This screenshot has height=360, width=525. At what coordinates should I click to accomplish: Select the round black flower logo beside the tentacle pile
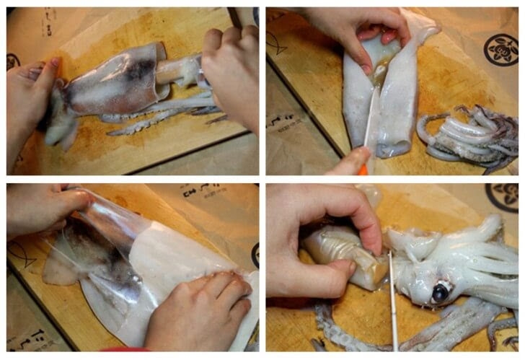500,50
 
